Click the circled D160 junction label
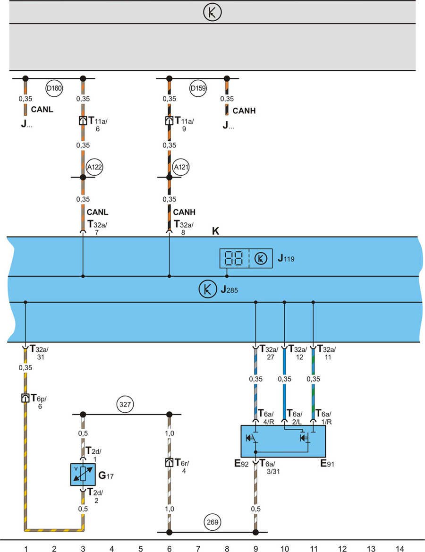[x=54, y=88]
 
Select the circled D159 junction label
[x=198, y=88]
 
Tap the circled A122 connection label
[x=94, y=167]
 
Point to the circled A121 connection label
[x=180, y=167]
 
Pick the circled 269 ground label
[x=212, y=522]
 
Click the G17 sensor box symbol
[x=83, y=474]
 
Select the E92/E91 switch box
[x=283, y=441]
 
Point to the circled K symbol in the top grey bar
[x=212, y=13]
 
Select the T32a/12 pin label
[x=297, y=352]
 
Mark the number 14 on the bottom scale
[x=399, y=548]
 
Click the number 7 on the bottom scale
[x=198, y=548]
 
